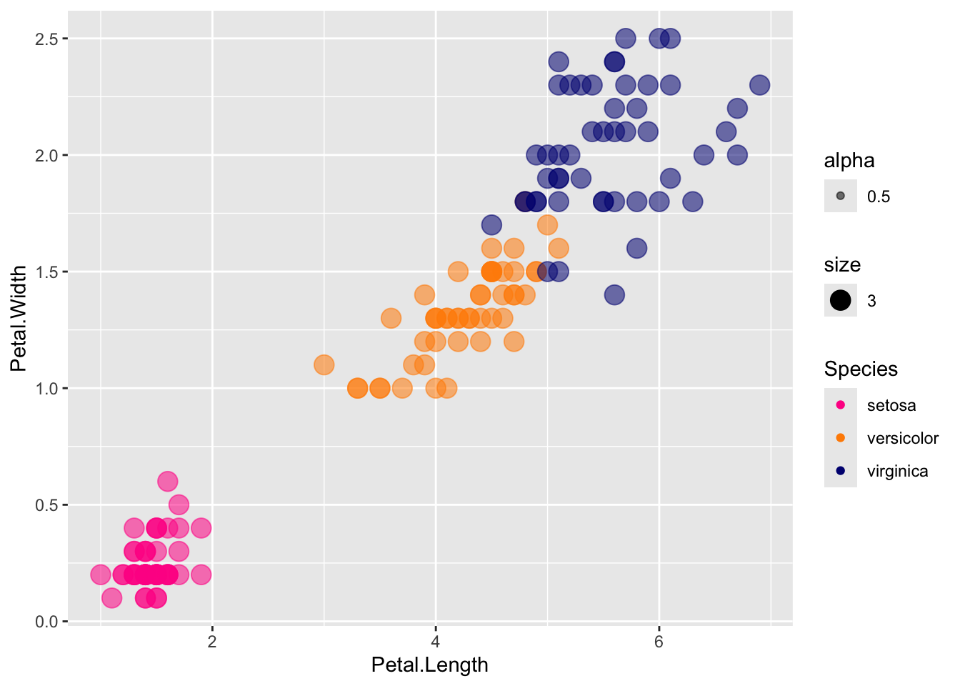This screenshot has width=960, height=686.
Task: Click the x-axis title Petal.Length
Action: (429, 665)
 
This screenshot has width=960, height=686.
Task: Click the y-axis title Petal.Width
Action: (19, 319)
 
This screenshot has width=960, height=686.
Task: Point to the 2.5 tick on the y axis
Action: (49, 39)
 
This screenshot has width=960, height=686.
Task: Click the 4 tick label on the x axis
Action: (436, 641)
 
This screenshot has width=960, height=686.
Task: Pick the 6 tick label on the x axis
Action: (659, 641)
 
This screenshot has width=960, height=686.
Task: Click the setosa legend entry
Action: (891, 406)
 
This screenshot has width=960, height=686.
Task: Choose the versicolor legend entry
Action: (902, 439)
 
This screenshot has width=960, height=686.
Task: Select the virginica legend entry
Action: (897, 472)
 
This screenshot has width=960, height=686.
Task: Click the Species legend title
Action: (861, 369)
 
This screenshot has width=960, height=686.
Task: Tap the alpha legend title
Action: (849, 161)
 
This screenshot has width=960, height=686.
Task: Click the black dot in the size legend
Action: (841, 301)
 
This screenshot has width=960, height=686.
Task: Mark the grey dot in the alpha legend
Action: (841, 197)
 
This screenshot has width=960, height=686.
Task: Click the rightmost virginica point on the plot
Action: (759, 85)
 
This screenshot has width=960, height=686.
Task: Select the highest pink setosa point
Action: (167, 481)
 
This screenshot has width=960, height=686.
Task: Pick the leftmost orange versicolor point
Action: (324, 365)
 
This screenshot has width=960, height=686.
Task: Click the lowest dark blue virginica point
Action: (614, 294)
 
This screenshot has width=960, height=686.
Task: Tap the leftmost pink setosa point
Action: (101, 575)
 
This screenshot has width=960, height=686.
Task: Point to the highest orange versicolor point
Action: (547, 225)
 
